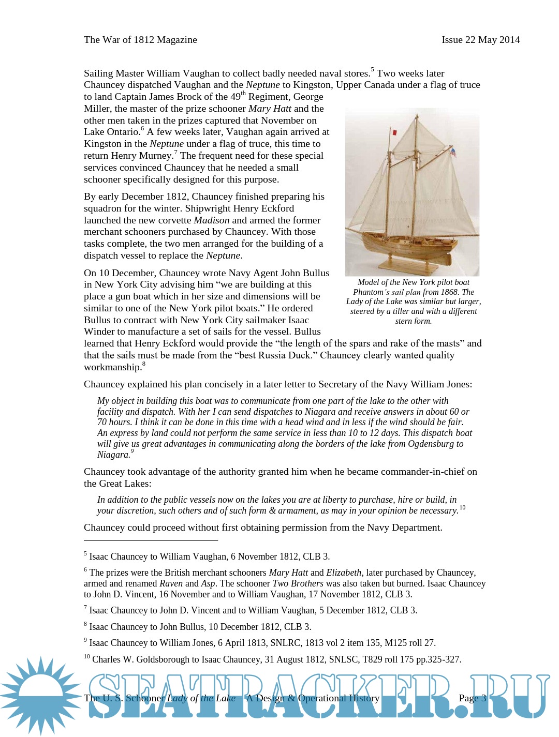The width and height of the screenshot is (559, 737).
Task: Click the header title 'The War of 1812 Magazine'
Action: coord(140,40)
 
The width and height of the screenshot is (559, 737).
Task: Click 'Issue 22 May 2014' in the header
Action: coord(480,40)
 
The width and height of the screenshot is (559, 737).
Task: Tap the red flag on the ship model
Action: coord(394,132)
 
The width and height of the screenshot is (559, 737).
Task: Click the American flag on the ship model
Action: coord(453,152)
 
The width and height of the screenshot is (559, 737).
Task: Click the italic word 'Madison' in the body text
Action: coord(211,220)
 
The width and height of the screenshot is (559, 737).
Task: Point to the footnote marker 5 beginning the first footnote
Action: coord(85,554)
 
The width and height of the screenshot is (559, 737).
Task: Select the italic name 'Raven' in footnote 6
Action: coord(171,583)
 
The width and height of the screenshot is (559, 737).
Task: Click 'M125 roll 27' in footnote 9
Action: coord(409,643)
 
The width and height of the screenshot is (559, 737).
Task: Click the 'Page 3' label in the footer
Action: coord(472,698)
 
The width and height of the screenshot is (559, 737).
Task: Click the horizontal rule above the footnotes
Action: coord(151,540)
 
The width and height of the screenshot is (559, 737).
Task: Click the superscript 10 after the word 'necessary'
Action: coord(462,508)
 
